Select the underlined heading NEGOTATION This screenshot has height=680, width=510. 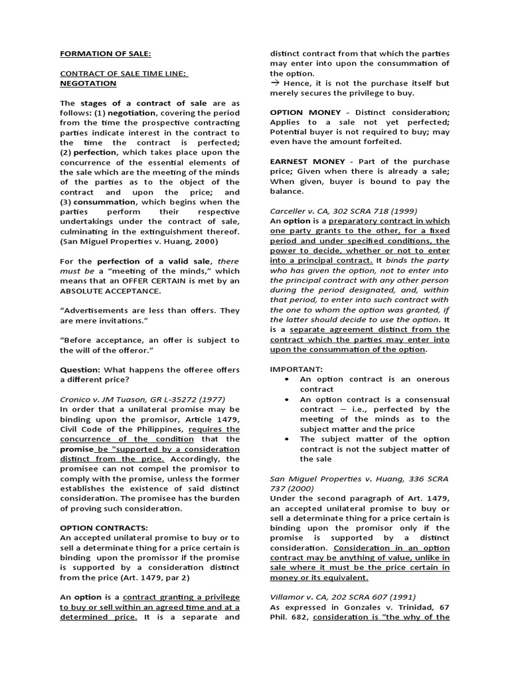pyautogui.click(x=88, y=84)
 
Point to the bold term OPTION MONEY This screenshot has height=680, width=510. pyautogui.click(x=304, y=113)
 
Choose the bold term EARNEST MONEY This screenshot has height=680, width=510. pyautogui.click(x=307, y=161)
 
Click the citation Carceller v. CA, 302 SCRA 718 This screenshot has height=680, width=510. pyautogui.click(x=339, y=211)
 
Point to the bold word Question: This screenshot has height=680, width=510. pyautogui.click(x=80, y=369)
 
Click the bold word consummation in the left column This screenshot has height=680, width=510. pyautogui.click(x=102, y=202)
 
